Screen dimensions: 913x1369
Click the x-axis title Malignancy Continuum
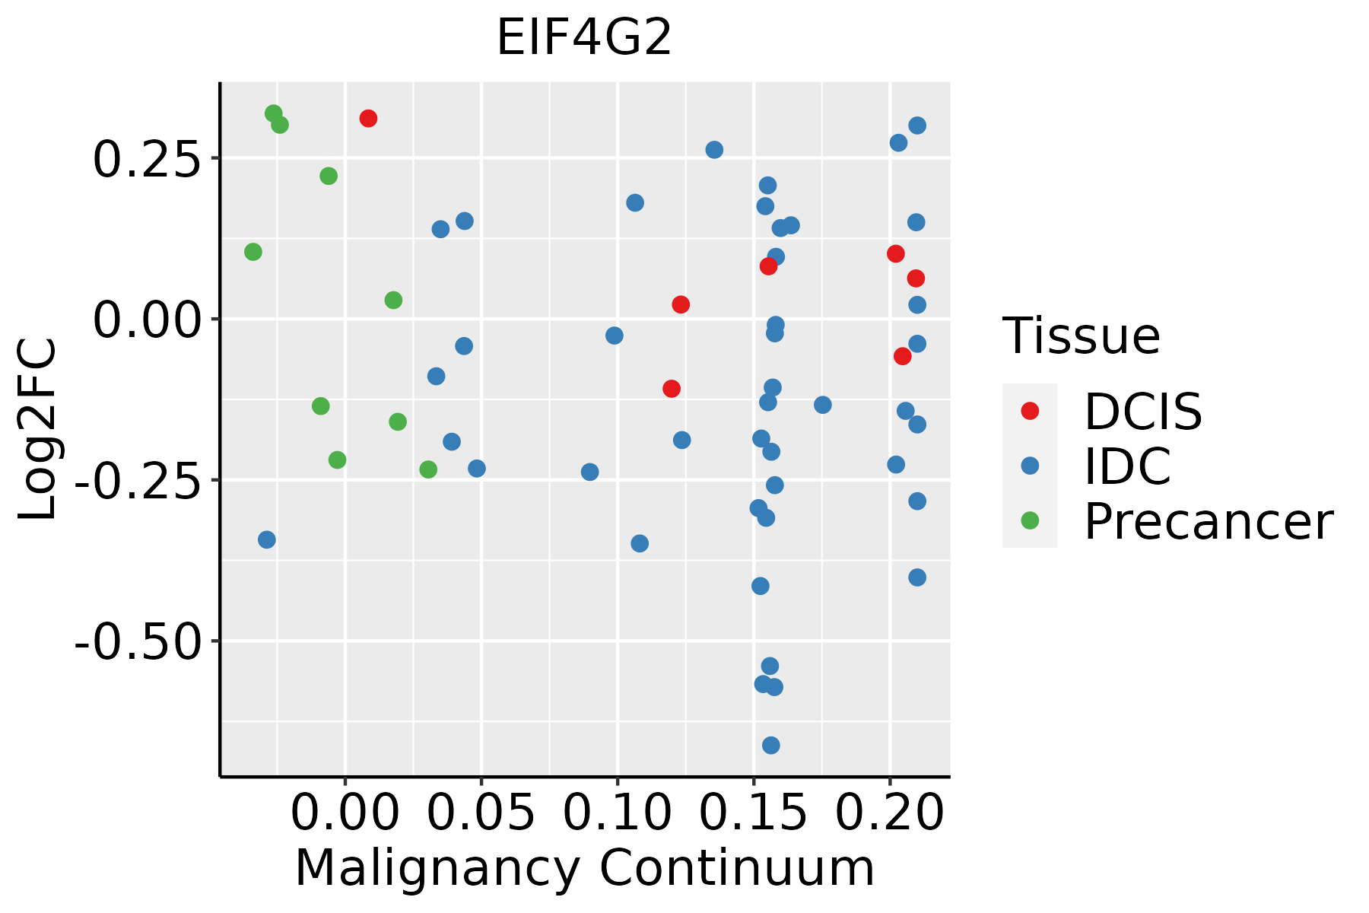584,868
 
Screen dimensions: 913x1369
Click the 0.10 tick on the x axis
617,813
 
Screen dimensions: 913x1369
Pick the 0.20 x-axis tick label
889,813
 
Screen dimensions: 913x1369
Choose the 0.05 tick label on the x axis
481,813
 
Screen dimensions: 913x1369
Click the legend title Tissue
1081,336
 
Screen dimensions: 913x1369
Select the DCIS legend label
1142,412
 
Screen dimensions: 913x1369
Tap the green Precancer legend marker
1030,520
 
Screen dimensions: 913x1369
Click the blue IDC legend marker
1030,466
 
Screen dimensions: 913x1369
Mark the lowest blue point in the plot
770,745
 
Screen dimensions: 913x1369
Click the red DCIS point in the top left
368,119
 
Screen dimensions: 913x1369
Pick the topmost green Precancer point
274,114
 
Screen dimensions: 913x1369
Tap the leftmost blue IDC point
266,539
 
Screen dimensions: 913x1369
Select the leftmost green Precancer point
253,252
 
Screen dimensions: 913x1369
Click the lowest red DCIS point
671,389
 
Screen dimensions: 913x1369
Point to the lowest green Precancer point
428,469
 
